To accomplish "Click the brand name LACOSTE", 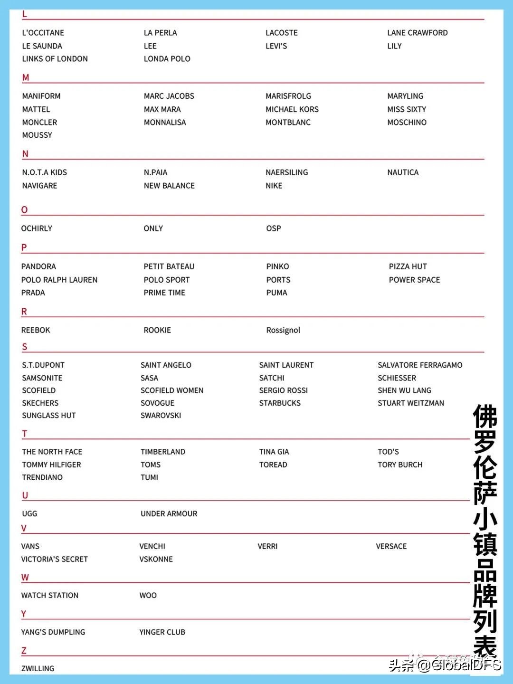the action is [x=282, y=33].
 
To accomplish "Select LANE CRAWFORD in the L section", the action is [x=417, y=33].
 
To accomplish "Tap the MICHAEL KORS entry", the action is [x=292, y=109].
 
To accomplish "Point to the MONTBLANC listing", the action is [x=288, y=122].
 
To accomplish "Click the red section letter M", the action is [x=26, y=77].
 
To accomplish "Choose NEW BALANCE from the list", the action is [x=169, y=186].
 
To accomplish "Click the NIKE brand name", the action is [x=274, y=186].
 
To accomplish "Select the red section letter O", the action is [x=25, y=210].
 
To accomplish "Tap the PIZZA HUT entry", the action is [x=408, y=266].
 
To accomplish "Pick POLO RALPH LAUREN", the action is [x=59, y=280].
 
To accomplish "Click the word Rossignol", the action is [x=283, y=330].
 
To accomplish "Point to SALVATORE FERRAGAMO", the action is [x=420, y=365].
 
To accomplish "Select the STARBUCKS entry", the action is [x=280, y=403].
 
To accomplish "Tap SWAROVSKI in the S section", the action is [x=161, y=415].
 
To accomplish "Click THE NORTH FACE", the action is [x=52, y=452].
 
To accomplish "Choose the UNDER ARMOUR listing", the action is [x=169, y=513].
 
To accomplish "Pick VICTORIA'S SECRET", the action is [x=55, y=559].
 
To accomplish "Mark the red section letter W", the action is [x=25, y=578].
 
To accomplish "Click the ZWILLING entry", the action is [x=38, y=668].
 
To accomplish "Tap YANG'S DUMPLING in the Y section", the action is [x=53, y=632].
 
